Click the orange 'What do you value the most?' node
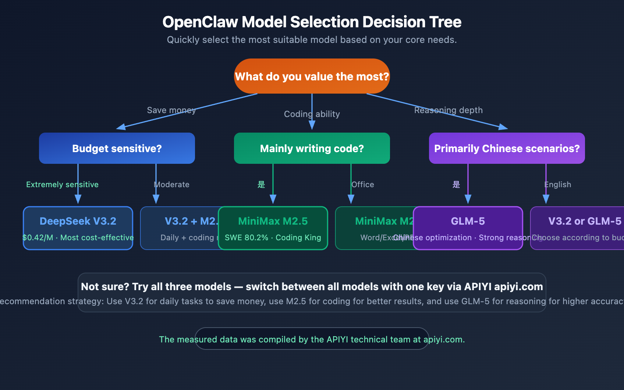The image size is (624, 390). tap(312, 76)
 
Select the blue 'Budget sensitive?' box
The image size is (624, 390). tap(117, 149)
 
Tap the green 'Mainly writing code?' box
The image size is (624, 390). tap(312, 149)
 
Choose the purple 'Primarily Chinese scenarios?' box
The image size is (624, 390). tap(507, 149)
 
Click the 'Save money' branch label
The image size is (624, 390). tap(171, 110)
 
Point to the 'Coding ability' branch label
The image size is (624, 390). tap(312, 114)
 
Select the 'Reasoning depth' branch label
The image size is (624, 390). tap(448, 110)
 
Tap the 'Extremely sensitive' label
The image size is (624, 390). tap(62, 184)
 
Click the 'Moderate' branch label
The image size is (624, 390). tap(172, 184)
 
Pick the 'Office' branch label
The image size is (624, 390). tap(363, 184)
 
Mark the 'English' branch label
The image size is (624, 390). tap(558, 184)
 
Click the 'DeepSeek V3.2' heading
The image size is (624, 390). tap(78, 221)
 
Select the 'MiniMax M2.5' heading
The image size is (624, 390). tap(273, 221)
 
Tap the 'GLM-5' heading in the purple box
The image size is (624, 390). tap(468, 221)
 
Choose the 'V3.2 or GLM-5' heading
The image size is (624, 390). tap(585, 221)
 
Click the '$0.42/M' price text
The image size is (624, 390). tap(38, 238)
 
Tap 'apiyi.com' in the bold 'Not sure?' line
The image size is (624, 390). tap(518, 287)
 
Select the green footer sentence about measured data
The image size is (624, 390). tap(312, 339)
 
